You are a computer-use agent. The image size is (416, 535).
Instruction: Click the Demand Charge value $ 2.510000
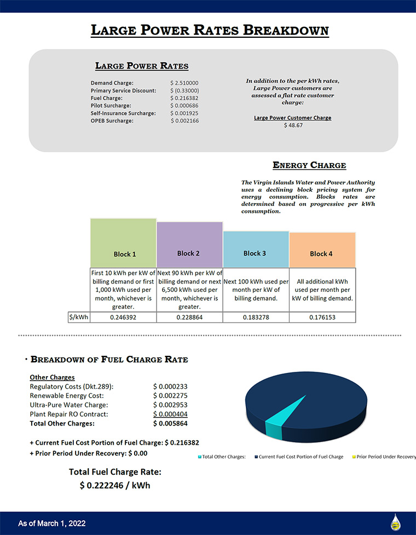[184, 83]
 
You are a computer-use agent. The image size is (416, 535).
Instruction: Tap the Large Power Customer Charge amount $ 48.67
[293, 125]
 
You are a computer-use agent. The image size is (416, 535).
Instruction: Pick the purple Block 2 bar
[189, 245]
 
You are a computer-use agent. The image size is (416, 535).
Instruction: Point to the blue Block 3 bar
[256, 250]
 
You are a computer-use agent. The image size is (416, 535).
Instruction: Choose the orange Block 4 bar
[322, 250]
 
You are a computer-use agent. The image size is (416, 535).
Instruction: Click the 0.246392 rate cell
[123, 318]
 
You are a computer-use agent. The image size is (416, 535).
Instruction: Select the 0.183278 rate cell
[256, 318]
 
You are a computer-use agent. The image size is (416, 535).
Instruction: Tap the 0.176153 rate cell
[322, 318]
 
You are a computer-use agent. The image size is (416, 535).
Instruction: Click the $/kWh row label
[79, 318]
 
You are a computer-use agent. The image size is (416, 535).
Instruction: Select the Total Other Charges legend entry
[221, 457]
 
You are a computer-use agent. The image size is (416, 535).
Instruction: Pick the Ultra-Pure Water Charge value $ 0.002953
[170, 405]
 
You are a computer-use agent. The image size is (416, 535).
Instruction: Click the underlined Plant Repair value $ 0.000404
[170, 414]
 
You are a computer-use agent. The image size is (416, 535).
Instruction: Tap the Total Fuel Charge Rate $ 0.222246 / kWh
[115, 485]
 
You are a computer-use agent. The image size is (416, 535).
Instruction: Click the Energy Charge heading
[309, 165]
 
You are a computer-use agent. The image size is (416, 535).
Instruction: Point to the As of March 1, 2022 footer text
[52, 524]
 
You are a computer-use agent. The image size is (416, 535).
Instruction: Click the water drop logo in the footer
[395, 522]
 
